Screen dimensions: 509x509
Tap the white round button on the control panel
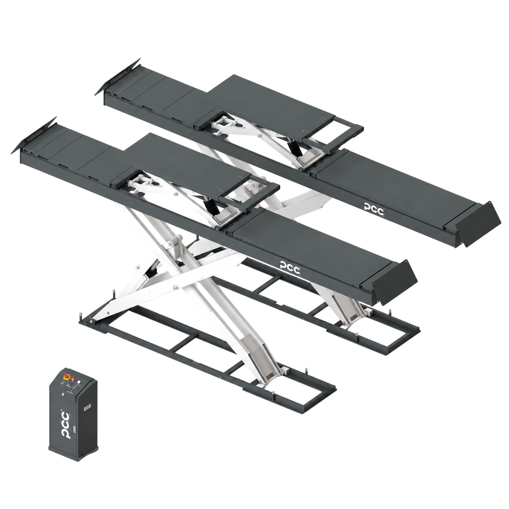pos(79,382)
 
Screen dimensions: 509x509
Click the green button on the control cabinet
pos(62,383)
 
